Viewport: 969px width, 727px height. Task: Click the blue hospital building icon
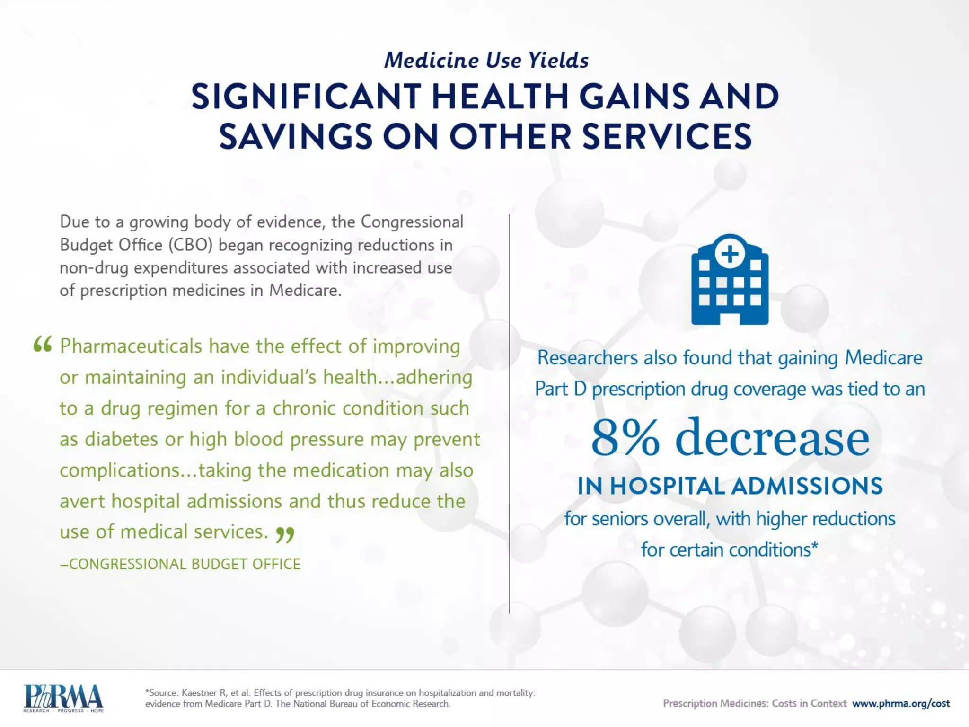(730, 284)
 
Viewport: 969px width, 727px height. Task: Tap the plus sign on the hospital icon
(730, 254)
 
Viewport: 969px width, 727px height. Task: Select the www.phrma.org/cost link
(901, 703)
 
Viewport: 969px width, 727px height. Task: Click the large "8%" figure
(625, 438)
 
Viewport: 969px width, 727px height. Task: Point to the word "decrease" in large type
(772, 438)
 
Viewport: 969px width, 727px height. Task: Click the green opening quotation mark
(42, 345)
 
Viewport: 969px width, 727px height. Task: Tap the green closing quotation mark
(285, 534)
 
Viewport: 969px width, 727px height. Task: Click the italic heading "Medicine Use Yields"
(486, 60)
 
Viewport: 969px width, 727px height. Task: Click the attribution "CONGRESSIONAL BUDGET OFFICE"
(185, 564)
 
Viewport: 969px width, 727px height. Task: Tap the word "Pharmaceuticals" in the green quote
(131, 346)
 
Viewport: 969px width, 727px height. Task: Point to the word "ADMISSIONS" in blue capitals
(807, 486)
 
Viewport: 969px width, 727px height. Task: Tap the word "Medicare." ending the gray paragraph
(305, 290)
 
